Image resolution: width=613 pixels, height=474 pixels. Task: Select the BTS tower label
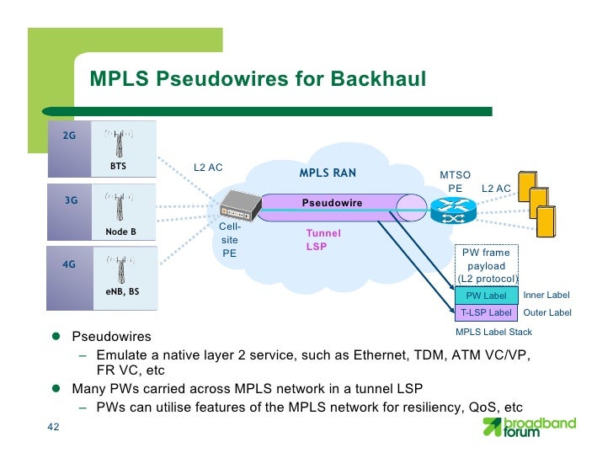pyautogui.click(x=119, y=167)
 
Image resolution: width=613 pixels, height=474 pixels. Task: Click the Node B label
pyautogui.click(x=120, y=232)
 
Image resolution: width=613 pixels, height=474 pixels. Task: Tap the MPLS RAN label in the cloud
pyautogui.click(x=328, y=174)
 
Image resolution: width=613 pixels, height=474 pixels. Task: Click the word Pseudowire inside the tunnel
pyautogui.click(x=332, y=203)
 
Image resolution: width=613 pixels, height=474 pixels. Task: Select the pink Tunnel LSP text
pyautogui.click(x=323, y=239)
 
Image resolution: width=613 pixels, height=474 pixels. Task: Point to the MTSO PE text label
pyautogui.click(x=456, y=181)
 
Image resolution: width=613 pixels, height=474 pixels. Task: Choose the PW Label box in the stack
pyautogui.click(x=486, y=296)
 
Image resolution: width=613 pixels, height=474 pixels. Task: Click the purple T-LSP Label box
pyautogui.click(x=486, y=312)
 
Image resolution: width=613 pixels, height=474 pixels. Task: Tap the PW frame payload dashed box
pyautogui.click(x=487, y=265)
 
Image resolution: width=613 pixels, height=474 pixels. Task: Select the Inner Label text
pyautogui.click(x=546, y=296)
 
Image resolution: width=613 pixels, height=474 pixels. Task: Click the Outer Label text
pyautogui.click(x=547, y=312)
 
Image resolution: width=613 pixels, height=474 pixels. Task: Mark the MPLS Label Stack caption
pyautogui.click(x=493, y=332)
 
